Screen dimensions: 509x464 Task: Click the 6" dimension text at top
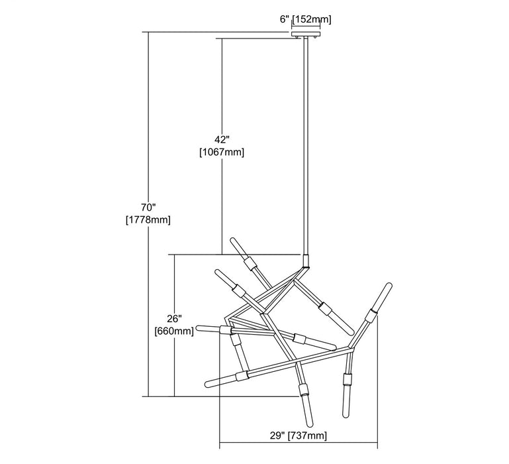(285, 19)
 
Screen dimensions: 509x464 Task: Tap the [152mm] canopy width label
(312, 19)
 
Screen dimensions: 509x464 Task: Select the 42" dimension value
(222, 140)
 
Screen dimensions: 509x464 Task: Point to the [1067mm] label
(222, 152)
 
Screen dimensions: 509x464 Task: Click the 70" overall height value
(148, 207)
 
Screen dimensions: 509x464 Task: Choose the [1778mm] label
(148, 219)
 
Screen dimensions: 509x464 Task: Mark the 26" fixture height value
(174, 318)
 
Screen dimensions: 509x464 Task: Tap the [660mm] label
(174, 331)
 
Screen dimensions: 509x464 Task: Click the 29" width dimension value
(277, 435)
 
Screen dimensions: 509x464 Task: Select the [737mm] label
(307, 435)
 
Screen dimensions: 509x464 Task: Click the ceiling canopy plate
(306, 34)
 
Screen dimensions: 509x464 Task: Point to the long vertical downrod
(306, 146)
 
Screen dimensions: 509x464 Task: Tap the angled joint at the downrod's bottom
(305, 262)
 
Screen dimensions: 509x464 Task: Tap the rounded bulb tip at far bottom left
(208, 384)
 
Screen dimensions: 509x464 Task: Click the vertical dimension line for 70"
(148, 214)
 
